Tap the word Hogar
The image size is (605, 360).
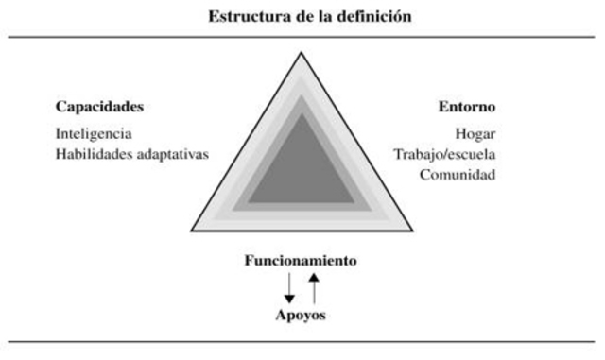[x=475, y=133]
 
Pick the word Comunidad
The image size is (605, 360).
[x=458, y=175]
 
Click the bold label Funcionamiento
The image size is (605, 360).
[x=301, y=260]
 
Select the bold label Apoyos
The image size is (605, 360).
[x=301, y=315]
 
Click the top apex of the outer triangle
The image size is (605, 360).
[x=302, y=53]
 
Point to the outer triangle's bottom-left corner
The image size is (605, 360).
[x=192, y=231]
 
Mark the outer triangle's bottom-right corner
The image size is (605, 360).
[x=412, y=231]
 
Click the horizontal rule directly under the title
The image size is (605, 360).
[x=302, y=37]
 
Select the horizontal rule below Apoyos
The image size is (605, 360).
[x=302, y=339]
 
